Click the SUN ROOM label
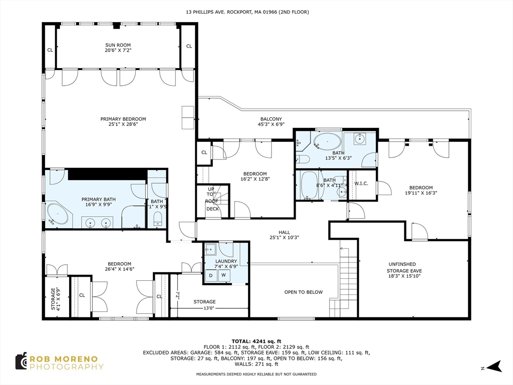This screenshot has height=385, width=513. click(x=118, y=45)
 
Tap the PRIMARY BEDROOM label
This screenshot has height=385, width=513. click(x=123, y=119)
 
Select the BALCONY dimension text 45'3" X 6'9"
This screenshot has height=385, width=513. click(x=271, y=124)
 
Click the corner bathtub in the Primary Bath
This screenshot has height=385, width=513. click(x=58, y=214)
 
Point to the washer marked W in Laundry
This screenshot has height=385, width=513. click(x=224, y=275)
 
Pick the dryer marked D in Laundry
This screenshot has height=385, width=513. click(x=211, y=276)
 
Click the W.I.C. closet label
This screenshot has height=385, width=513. click(x=361, y=183)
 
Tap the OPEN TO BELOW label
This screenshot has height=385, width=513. click(x=303, y=292)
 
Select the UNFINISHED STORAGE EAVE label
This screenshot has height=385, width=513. click(x=404, y=268)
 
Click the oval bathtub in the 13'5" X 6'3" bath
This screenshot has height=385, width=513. click(x=328, y=142)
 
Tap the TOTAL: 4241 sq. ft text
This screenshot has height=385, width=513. click(x=256, y=341)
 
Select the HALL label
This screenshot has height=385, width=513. click(x=284, y=232)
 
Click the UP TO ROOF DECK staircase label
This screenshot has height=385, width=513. click(x=212, y=199)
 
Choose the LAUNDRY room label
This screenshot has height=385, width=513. click(x=226, y=261)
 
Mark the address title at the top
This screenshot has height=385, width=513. click(x=247, y=12)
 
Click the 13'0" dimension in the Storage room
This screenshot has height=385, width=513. click(x=208, y=308)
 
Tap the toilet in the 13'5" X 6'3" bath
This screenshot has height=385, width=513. click(x=305, y=159)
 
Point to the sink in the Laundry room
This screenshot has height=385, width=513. click(x=210, y=250)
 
